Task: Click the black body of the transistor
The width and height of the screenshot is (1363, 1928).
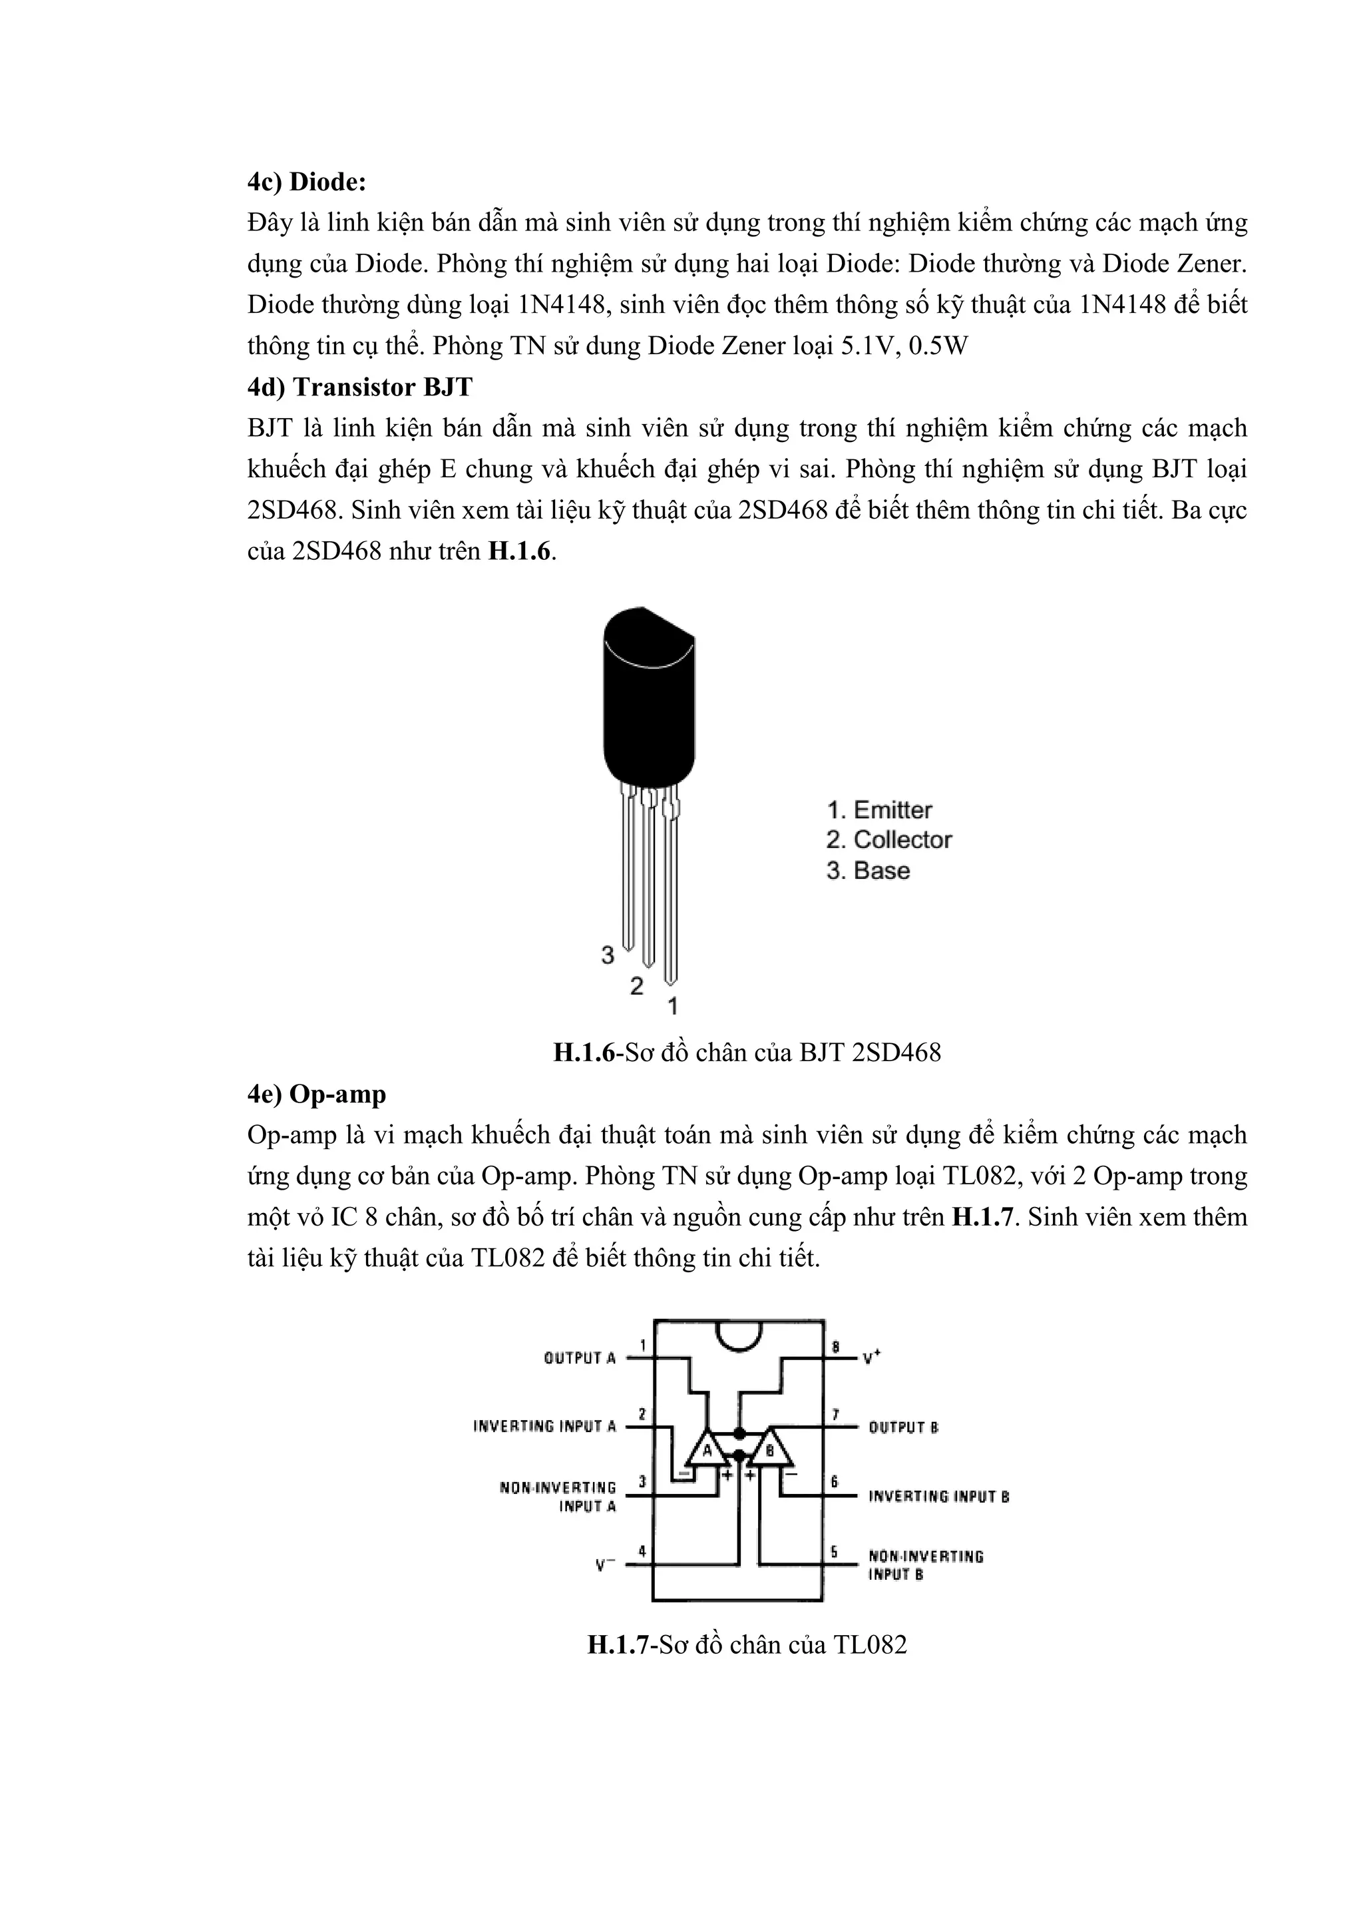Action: click(x=648, y=714)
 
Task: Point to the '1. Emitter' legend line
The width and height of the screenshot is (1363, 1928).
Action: click(x=878, y=810)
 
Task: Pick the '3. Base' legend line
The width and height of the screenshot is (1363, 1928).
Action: click(x=868, y=870)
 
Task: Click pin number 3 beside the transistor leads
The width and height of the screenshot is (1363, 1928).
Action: click(x=608, y=955)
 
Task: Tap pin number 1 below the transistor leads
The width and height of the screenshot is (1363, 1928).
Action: click(x=672, y=1005)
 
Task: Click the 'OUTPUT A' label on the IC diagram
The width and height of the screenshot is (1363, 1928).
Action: click(x=580, y=1358)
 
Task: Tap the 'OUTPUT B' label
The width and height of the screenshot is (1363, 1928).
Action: click(x=903, y=1427)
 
